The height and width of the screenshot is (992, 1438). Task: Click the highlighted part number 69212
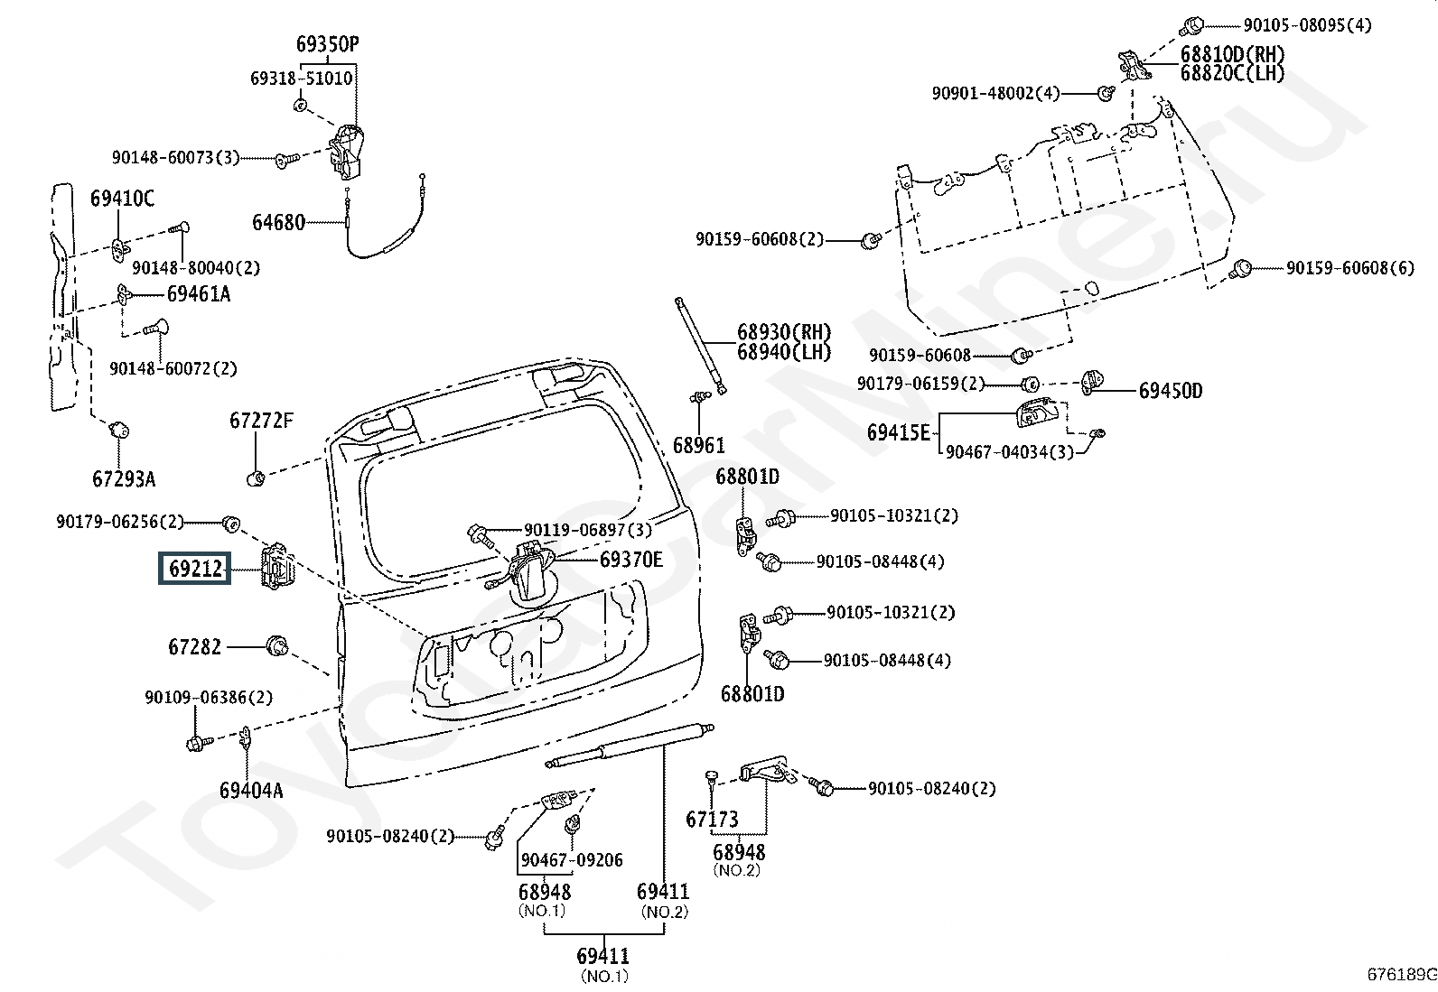(x=194, y=569)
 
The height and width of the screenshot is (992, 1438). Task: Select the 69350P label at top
(x=327, y=44)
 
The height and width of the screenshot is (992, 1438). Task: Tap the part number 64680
(x=278, y=223)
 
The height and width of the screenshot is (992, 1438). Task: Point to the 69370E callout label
(x=631, y=560)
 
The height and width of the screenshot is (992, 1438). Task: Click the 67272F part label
(x=261, y=421)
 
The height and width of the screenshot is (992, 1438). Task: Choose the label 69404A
(x=251, y=790)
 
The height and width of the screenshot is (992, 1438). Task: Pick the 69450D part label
(x=1171, y=391)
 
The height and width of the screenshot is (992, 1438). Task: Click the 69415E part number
(x=898, y=432)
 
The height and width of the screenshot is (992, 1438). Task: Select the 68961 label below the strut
(x=698, y=445)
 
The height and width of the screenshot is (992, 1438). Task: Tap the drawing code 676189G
(x=1401, y=974)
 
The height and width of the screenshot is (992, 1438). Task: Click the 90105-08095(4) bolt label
(x=1307, y=25)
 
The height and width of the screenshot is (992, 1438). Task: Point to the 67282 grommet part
(x=277, y=645)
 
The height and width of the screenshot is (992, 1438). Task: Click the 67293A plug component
(x=118, y=430)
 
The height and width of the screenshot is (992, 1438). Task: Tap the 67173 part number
(x=712, y=820)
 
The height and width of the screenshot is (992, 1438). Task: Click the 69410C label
(x=122, y=199)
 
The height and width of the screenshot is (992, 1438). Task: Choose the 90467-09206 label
(x=572, y=860)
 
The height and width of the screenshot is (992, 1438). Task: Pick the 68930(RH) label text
(x=784, y=332)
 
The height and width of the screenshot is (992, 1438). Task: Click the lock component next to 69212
(x=275, y=566)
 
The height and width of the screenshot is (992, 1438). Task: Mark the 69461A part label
(x=199, y=294)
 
